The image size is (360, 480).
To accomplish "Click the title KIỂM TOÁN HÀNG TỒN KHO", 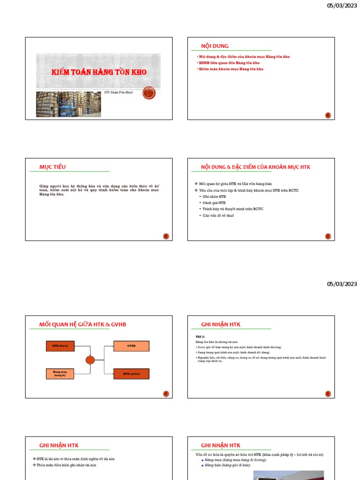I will [99, 72].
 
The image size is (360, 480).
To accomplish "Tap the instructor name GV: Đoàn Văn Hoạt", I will [118, 92].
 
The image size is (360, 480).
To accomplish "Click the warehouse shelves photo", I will [68, 104].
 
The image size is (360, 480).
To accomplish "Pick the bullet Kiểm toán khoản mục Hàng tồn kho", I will [232, 69].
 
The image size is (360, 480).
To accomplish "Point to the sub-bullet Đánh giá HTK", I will [214, 202].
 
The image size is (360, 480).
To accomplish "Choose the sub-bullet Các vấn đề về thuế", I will [218, 215].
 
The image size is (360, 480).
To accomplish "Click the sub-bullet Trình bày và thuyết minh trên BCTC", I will [232, 209].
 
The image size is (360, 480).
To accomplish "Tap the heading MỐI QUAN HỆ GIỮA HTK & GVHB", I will [83, 324].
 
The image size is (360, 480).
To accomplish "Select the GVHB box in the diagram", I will [131, 346].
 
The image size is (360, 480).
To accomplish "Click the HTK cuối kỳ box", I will [131, 374].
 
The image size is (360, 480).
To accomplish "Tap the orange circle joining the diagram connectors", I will [90, 360].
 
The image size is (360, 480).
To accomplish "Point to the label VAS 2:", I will [201, 337].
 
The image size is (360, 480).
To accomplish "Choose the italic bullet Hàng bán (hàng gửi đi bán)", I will [227, 465].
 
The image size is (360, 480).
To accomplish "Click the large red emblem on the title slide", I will [149, 93].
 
